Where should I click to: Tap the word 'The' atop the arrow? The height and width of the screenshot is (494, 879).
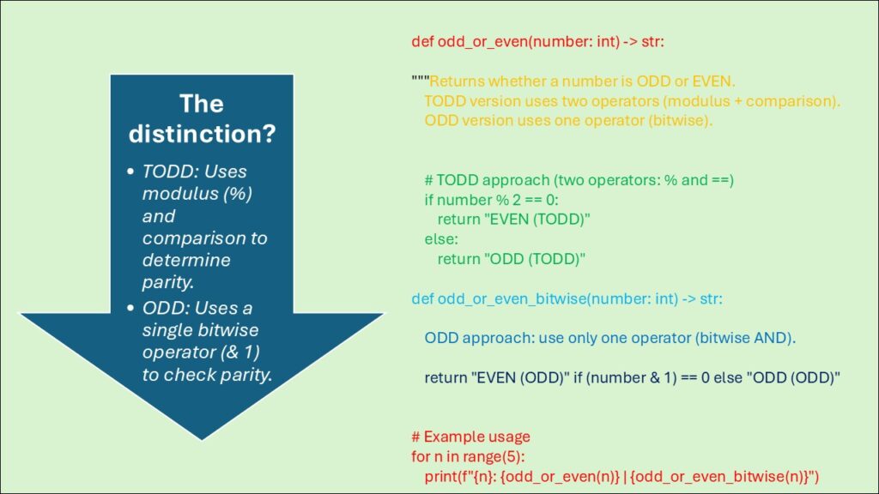click(x=201, y=104)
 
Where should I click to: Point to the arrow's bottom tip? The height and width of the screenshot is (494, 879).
click(x=201, y=438)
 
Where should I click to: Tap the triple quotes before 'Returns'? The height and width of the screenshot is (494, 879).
click(x=420, y=81)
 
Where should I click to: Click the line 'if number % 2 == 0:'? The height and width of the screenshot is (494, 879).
click(x=490, y=200)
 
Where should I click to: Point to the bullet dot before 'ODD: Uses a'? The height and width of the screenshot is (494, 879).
click(x=130, y=308)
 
